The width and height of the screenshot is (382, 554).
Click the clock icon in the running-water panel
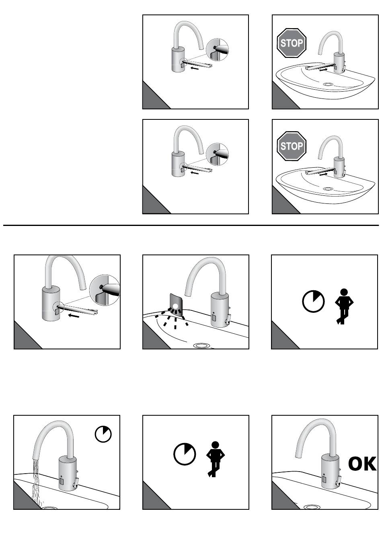point(103,434)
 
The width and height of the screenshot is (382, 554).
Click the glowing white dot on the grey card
point(175,306)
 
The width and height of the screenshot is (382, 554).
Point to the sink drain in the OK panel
point(312,507)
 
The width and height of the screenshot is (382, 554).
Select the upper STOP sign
point(292,43)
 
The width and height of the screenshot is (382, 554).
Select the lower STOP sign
point(292,146)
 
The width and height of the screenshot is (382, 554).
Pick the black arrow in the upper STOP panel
point(323,70)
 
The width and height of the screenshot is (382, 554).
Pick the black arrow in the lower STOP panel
point(323,174)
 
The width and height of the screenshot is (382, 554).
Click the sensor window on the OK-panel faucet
point(324,479)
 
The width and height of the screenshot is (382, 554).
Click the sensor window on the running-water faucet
point(62,480)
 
